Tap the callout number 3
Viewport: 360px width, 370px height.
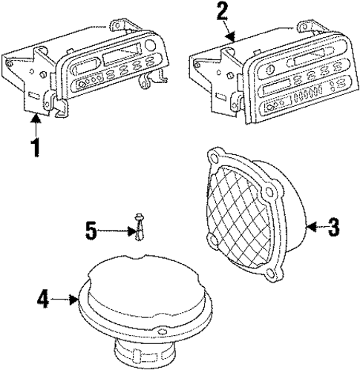coord(333,227)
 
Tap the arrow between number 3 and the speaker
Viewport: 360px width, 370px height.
coord(314,227)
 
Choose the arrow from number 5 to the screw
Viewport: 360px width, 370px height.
coord(119,231)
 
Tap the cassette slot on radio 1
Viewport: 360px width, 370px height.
coord(120,59)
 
